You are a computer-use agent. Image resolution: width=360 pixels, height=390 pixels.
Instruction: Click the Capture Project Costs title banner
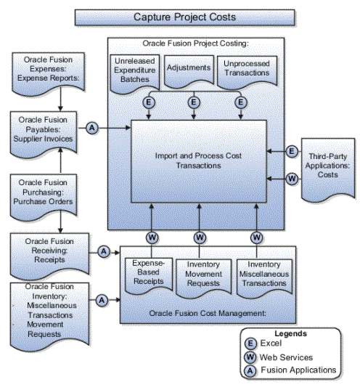pyautogui.click(x=185, y=17)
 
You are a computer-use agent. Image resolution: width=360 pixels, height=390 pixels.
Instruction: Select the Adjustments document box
pyautogui.click(x=189, y=72)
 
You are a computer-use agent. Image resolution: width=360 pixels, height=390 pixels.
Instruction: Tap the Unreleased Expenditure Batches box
pyautogui.click(x=135, y=74)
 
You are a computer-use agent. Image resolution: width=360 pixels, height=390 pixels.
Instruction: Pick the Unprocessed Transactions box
pyautogui.click(x=247, y=72)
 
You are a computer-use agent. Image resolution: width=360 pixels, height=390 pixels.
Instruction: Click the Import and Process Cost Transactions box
pyautogui.click(x=199, y=161)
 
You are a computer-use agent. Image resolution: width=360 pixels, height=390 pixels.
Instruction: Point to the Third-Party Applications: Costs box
pyautogui.click(x=328, y=170)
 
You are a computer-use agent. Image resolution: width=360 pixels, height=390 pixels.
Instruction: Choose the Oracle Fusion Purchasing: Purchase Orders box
pyautogui.click(x=44, y=198)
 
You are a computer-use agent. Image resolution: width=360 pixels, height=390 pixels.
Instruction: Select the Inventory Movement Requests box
pyautogui.click(x=204, y=278)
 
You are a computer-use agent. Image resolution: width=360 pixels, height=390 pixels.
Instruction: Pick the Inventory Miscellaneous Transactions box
pyautogui.click(x=264, y=278)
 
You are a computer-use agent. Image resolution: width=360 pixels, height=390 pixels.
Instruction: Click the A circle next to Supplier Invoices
pyautogui.click(x=92, y=128)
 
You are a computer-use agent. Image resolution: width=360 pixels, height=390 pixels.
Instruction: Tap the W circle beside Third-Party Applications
pyautogui.click(x=292, y=179)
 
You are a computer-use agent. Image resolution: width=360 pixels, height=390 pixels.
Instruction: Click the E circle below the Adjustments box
pyautogui.click(x=194, y=102)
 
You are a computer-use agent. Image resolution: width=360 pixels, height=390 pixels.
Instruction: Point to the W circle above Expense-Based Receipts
pyautogui.click(x=152, y=237)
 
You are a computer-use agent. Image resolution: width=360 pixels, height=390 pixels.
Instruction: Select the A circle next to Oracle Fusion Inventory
pyautogui.click(x=102, y=300)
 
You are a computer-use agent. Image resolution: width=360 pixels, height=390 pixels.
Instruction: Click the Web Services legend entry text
pyautogui.click(x=286, y=357)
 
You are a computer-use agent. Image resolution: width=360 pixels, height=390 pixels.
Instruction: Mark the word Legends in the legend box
pyautogui.click(x=290, y=333)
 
